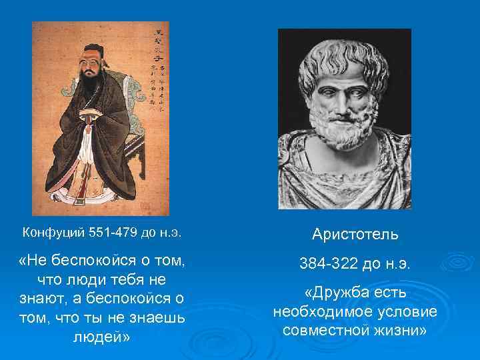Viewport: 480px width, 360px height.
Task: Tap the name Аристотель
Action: [x=355, y=235]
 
